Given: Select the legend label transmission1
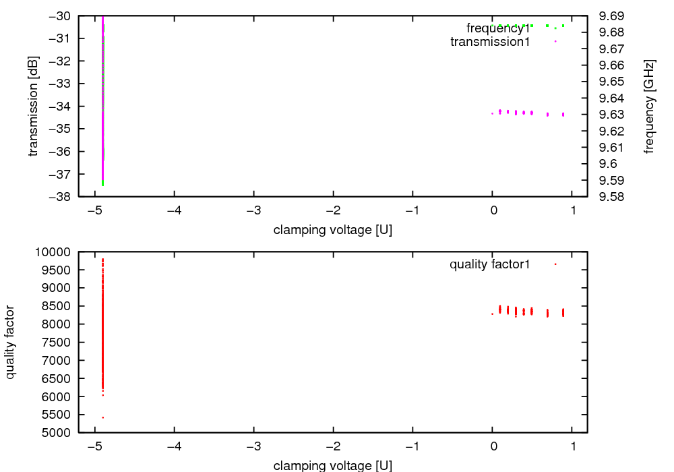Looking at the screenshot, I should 490,42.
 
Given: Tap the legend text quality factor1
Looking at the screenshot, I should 490,264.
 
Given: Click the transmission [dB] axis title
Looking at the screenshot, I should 34,106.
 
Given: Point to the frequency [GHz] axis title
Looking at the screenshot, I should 649,106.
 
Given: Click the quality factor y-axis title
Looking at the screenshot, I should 11,342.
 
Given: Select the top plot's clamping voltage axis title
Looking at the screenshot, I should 333,230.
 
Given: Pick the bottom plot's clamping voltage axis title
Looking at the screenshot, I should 333,465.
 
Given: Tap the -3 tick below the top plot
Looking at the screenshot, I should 253,210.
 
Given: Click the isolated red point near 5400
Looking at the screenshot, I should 102,417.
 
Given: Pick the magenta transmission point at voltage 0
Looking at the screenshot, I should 493,113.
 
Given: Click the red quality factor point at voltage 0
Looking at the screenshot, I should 493,314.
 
